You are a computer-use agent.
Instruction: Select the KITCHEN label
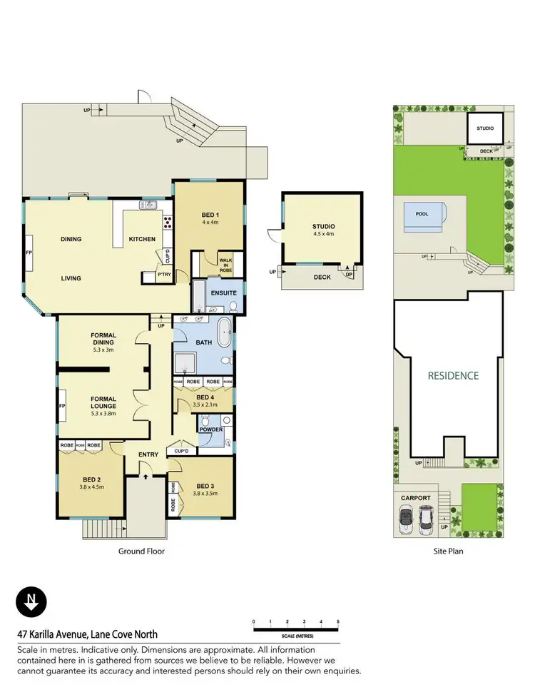(x=142, y=239)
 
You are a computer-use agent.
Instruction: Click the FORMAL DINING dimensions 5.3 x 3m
(x=103, y=350)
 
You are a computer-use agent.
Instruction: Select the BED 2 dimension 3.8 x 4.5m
(x=91, y=488)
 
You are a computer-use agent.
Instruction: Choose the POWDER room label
(x=212, y=430)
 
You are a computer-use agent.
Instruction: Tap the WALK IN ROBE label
(x=226, y=264)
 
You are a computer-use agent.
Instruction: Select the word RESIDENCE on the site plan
(x=453, y=375)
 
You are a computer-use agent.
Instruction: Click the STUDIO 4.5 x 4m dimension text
(x=323, y=234)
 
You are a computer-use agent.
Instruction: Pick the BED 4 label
(x=205, y=397)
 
